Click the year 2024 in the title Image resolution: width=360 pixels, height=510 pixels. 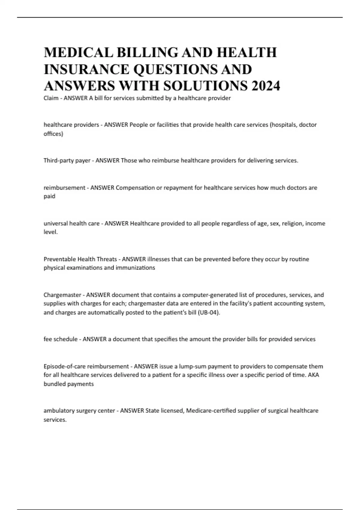[265, 86]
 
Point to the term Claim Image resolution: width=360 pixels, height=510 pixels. [51, 98]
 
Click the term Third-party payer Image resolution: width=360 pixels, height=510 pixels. [67, 160]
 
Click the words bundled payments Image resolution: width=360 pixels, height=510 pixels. [69, 384]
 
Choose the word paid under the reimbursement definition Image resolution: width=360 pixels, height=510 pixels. [49, 196]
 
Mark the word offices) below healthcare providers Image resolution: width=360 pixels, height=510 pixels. [53, 134]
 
